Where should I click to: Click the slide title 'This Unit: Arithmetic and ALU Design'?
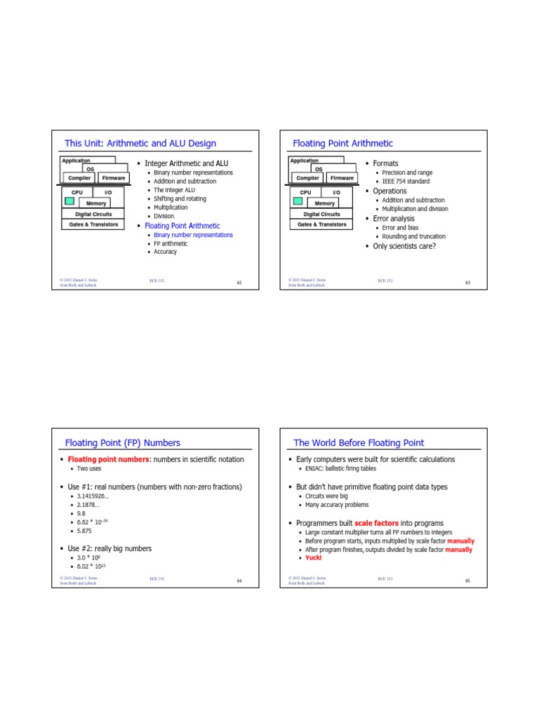click(x=140, y=143)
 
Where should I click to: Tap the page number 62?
click(x=239, y=283)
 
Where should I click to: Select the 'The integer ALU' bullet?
click(x=174, y=190)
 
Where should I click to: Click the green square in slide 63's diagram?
click(x=298, y=202)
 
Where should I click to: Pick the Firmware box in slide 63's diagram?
click(x=342, y=178)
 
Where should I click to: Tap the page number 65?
click(x=467, y=581)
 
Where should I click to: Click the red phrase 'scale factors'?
click(x=376, y=523)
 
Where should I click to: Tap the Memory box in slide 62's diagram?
click(x=96, y=203)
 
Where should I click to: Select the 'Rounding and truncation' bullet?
click(x=413, y=236)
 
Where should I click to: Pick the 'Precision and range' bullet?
click(x=407, y=172)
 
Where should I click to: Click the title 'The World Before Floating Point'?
click(x=359, y=442)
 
